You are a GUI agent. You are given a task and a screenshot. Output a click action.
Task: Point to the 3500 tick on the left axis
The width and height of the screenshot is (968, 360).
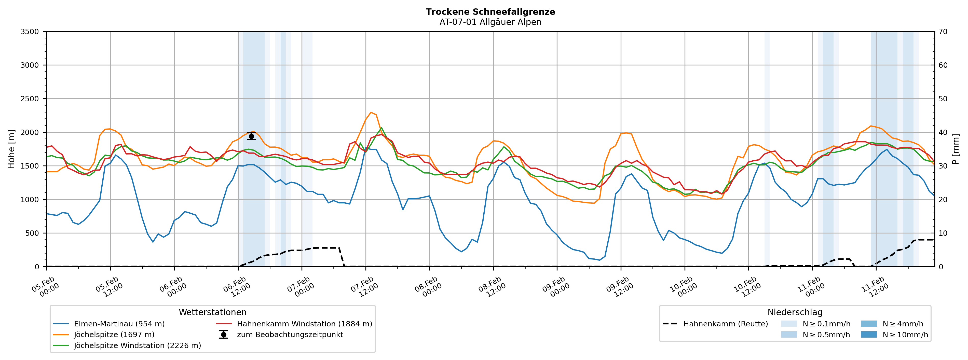point(30,32)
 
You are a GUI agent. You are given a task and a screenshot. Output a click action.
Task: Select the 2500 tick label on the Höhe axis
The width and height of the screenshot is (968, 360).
point(30,99)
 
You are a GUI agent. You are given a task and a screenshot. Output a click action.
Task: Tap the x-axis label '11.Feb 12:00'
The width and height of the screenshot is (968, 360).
point(875,287)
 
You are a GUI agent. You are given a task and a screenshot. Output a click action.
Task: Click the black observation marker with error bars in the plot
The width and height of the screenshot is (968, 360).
point(251,136)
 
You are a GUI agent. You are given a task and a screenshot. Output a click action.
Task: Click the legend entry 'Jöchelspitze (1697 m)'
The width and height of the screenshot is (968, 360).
point(114,335)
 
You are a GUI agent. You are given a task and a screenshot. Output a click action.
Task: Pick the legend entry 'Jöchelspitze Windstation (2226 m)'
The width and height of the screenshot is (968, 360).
point(137,345)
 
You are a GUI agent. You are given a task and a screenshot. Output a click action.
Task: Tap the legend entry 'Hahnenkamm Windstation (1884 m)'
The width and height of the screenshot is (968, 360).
point(304,324)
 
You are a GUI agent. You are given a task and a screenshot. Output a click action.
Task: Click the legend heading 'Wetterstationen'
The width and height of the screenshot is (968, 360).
point(212,312)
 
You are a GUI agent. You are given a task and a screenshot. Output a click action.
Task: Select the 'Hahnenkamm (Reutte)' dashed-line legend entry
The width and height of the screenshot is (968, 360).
point(725,324)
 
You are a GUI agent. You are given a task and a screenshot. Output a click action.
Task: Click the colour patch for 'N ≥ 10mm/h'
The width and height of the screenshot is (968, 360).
point(868,335)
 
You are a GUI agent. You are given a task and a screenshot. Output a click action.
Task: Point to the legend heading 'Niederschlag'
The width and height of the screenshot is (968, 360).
point(795,312)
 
